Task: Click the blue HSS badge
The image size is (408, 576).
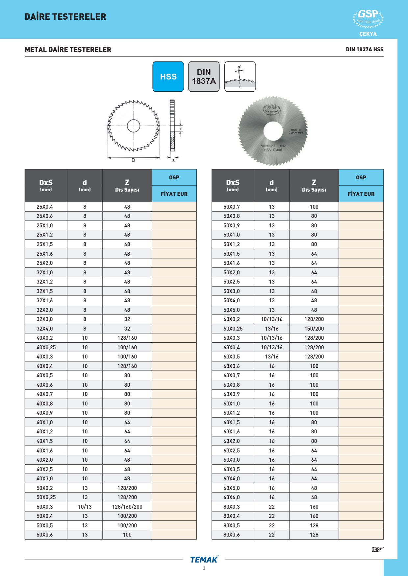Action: click(x=168, y=77)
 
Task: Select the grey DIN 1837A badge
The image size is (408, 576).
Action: click(x=204, y=77)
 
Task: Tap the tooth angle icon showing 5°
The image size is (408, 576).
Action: click(x=240, y=77)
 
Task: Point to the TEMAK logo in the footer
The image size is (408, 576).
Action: click(x=204, y=560)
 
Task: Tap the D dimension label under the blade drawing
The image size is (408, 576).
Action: click(x=133, y=160)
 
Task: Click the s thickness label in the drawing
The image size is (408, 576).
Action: click(x=173, y=160)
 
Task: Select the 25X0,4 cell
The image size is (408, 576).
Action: click(x=45, y=207)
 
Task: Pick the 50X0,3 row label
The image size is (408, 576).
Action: click(x=45, y=507)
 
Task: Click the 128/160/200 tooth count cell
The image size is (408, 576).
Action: click(x=127, y=507)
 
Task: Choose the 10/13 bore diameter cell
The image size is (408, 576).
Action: click(x=85, y=507)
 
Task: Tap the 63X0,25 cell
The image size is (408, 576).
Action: click(x=233, y=329)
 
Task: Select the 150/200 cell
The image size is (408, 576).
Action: click(x=314, y=329)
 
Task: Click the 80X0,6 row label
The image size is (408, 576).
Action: click(x=232, y=535)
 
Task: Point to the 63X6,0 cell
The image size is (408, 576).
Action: click(x=232, y=497)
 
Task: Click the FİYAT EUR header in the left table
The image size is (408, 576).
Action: click(x=174, y=194)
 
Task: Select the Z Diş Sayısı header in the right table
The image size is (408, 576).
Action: click(x=314, y=186)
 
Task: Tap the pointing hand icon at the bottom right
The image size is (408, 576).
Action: click(x=377, y=549)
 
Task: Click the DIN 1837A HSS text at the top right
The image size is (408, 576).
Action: click(x=365, y=49)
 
